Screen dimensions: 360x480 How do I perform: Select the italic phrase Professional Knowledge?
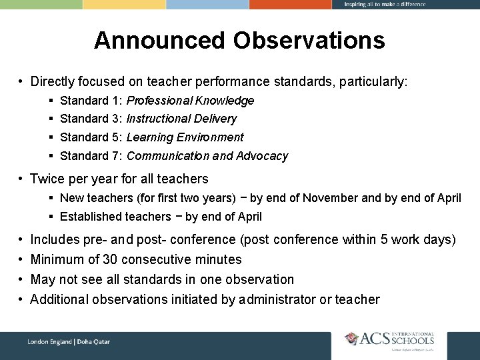(190, 101)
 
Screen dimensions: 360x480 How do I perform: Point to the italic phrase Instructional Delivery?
(181, 119)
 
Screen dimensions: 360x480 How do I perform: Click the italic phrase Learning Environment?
(185, 137)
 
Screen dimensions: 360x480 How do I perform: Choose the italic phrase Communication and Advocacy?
(207, 156)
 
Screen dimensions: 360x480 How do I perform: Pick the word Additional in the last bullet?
(60, 299)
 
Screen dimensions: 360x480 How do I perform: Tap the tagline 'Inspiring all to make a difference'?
(385, 5)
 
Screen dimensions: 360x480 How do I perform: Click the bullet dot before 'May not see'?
(21, 279)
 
